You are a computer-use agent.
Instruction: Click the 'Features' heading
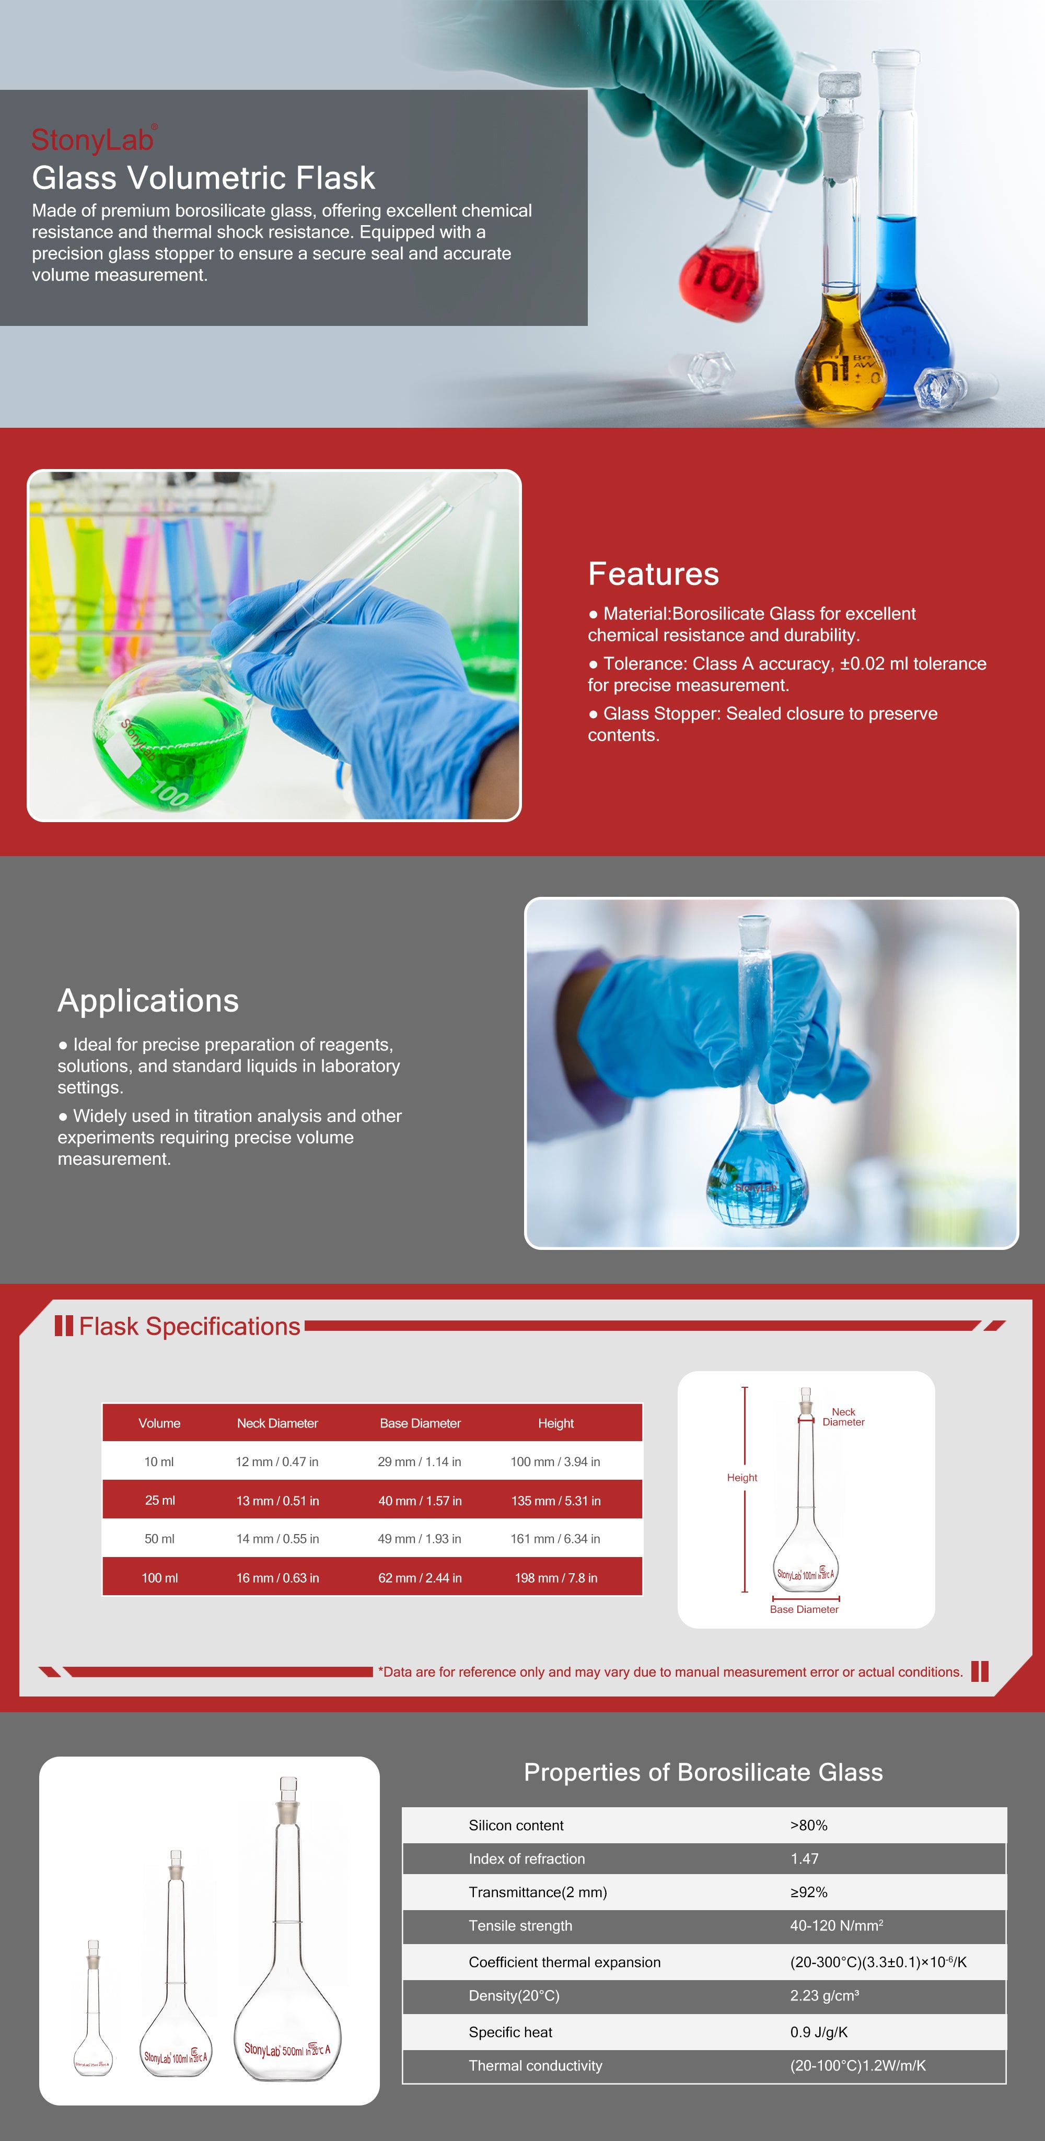coord(654,574)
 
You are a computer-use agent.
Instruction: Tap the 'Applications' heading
coord(148,1001)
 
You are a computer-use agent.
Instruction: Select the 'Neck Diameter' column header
coord(277,1423)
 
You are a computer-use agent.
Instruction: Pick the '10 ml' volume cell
coord(159,1461)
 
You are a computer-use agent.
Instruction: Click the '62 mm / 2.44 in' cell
coord(420,1577)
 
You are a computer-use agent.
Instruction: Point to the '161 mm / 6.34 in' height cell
coord(555,1538)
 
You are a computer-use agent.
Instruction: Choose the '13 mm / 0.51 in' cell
coord(277,1500)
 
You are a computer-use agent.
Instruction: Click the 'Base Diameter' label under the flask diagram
coord(804,1609)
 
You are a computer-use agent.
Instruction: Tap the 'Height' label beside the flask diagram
coord(741,1477)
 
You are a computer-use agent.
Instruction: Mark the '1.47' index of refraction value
coord(804,1858)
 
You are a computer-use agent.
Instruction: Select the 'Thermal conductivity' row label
coord(536,2065)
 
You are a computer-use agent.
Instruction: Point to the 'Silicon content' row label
coord(515,1825)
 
